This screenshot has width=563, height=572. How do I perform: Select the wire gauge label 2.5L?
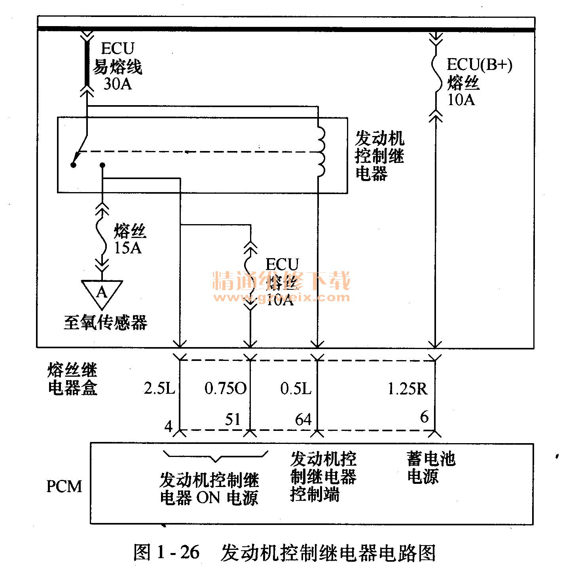pyautogui.click(x=159, y=389)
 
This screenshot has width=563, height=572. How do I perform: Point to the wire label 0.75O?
pyautogui.click(x=225, y=389)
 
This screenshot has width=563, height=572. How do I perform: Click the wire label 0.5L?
pyautogui.click(x=296, y=389)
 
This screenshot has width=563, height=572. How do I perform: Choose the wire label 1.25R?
pyautogui.click(x=407, y=389)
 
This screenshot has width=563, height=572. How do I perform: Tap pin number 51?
pyautogui.click(x=233, y=419)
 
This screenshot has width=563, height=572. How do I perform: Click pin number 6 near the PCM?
pyautogui.click(x=424, y=417)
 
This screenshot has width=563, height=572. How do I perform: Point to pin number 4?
pyautogui.click(x=169, y=427)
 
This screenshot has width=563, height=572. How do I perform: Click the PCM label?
pyautogui.click(x=64, y=486)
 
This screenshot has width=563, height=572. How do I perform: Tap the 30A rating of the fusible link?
pyautogui.click(x=118, y=84)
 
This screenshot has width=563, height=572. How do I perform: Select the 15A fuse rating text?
pyautogui.click(x=128, y=248)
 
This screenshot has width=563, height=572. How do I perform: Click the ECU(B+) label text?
pyautogui.click(x=479, y=65)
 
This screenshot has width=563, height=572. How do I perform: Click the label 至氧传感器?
pyautogui.click(x=105, y=323)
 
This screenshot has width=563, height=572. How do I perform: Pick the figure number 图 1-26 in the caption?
pyautogui.click(x=166, y=552)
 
